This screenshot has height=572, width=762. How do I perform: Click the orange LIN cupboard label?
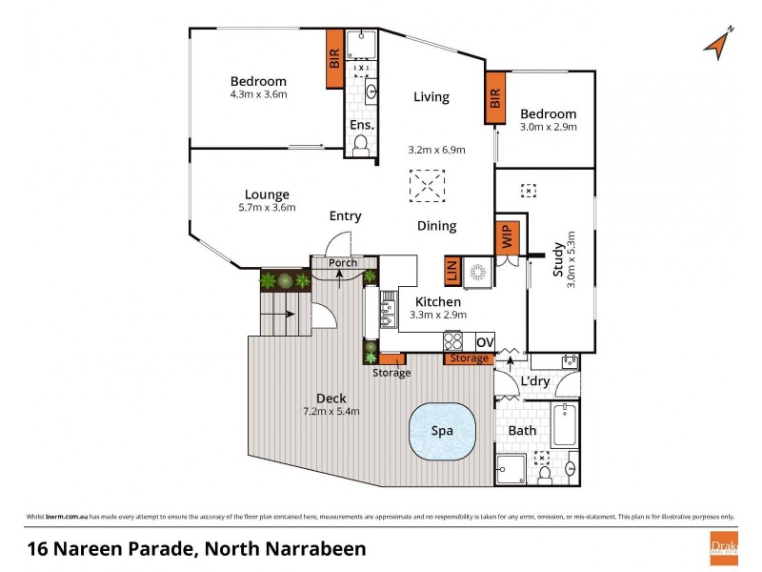pos(452,272)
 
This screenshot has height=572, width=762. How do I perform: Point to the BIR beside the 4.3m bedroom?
pos(334,58)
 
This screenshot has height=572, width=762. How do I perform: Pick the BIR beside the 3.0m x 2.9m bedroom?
pos(494,98)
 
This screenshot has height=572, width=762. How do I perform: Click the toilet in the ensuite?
pos(360,145)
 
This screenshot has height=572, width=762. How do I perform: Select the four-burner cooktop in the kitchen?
pos(453,341)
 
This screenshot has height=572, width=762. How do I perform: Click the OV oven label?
pos(485,342)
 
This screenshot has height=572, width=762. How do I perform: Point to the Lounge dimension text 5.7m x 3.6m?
pos(267,208)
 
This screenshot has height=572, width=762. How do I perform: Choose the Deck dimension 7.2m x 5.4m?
pos(331,412)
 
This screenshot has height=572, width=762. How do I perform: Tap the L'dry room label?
pos(535,382)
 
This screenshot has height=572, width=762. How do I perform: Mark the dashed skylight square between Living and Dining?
pos(427,185)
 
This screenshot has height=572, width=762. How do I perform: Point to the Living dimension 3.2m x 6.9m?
pos(431,150)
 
